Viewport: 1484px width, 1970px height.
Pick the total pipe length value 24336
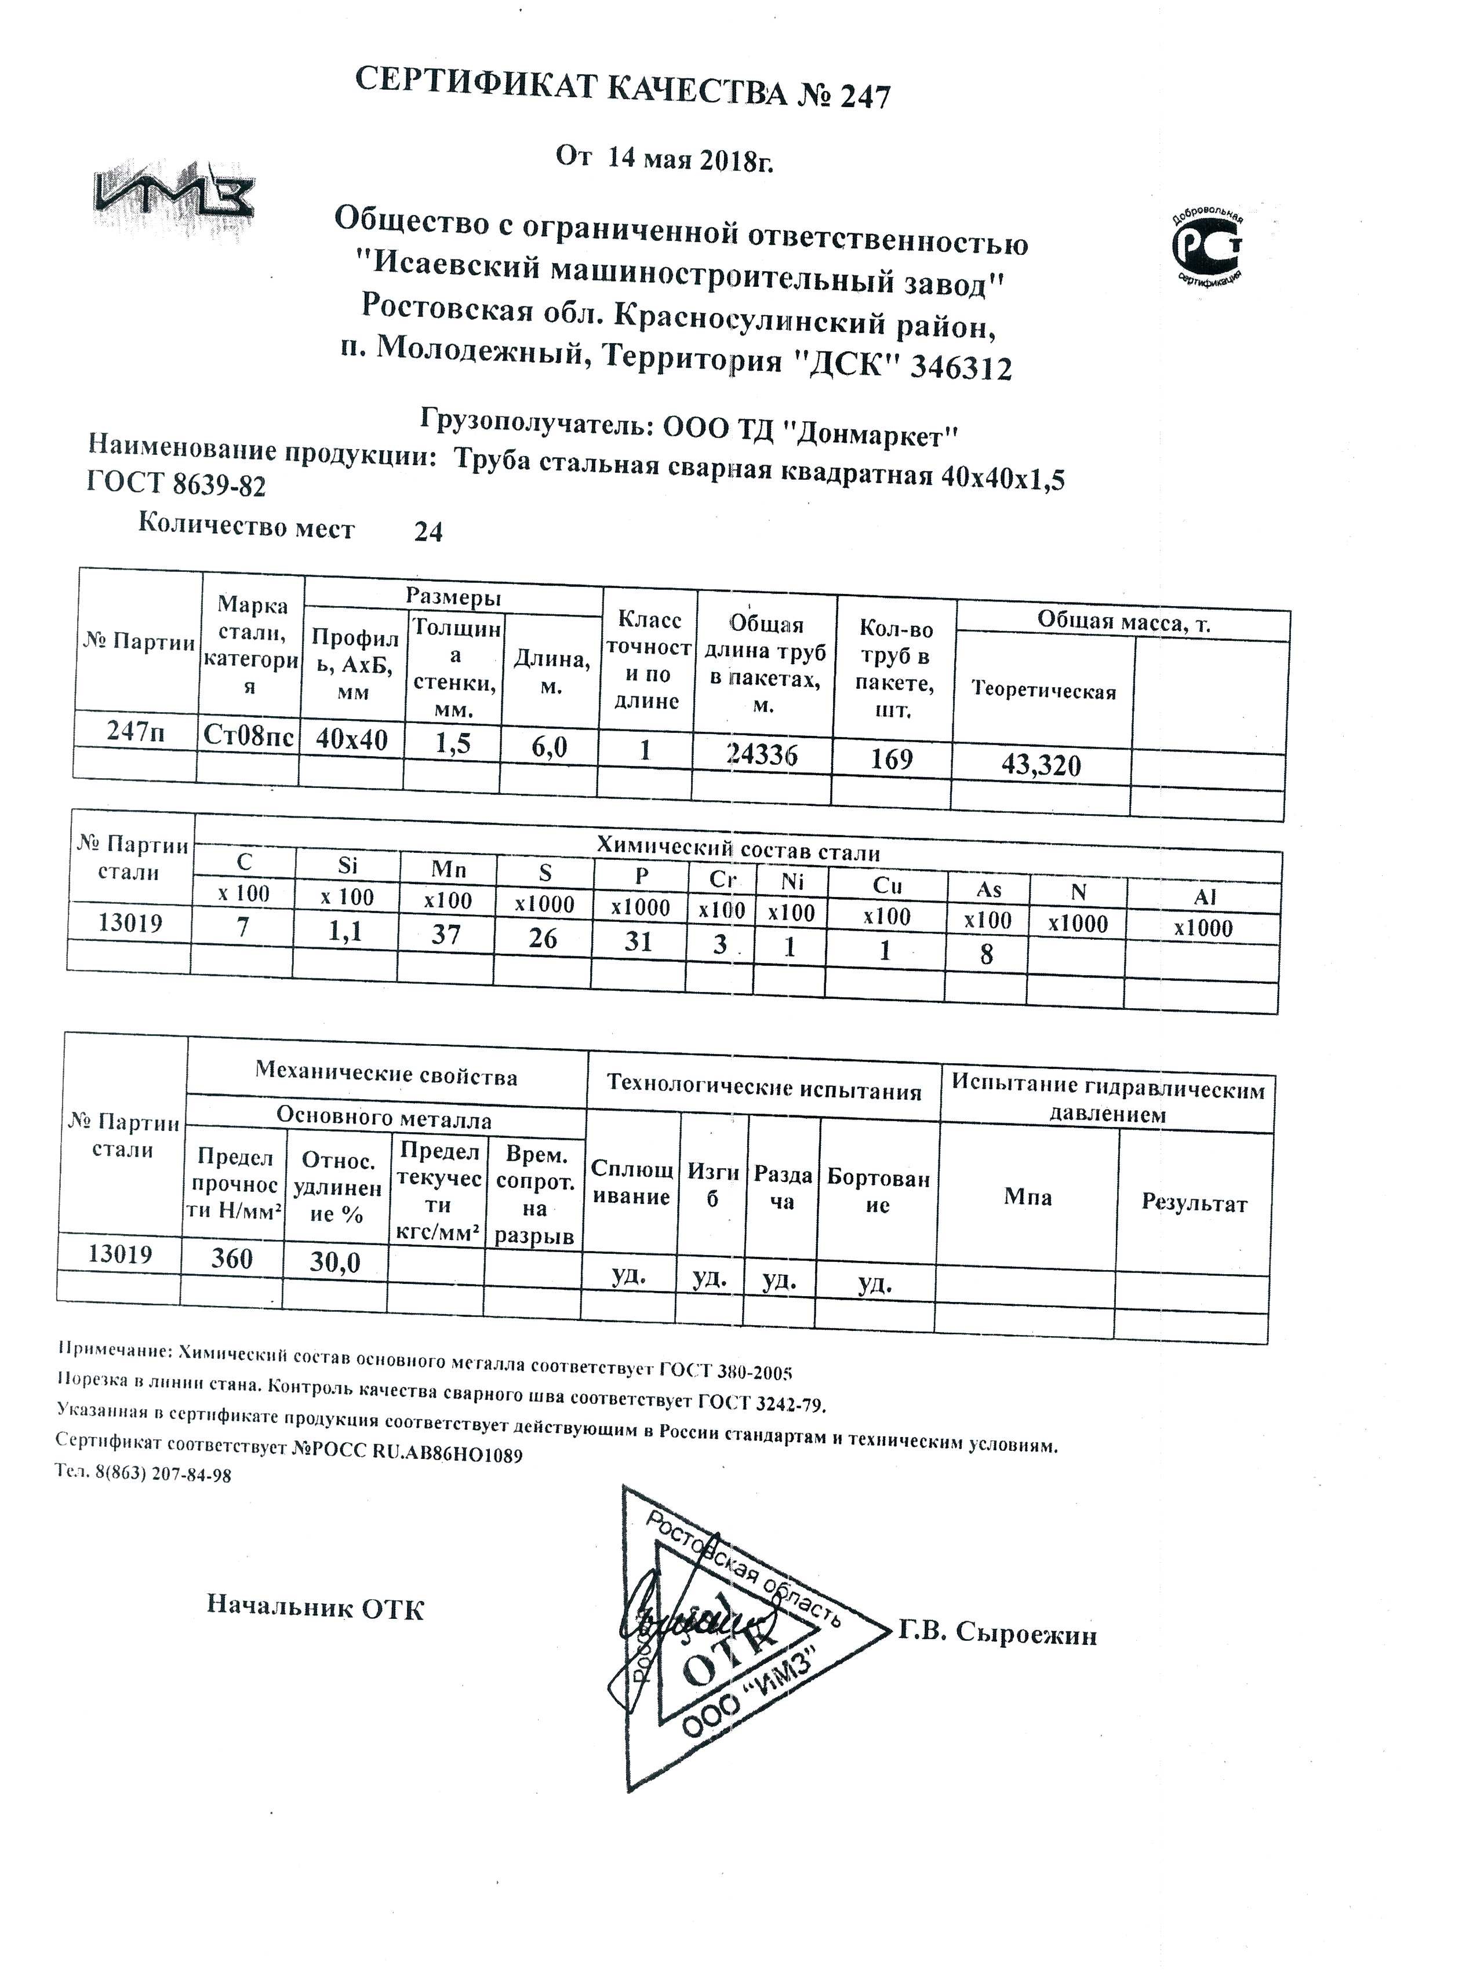tap(762, 754)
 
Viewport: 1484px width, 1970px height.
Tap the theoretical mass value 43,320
tap(1041, 764)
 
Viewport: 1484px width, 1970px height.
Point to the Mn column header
tap(448, 869)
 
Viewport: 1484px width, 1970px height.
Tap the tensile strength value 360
tap(232, 1258)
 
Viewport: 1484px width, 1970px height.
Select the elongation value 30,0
tap(335, 1262)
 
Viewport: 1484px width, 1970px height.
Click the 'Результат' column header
tap(1194, 1203)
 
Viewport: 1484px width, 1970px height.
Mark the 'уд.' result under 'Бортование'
tap(875, 1283)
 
